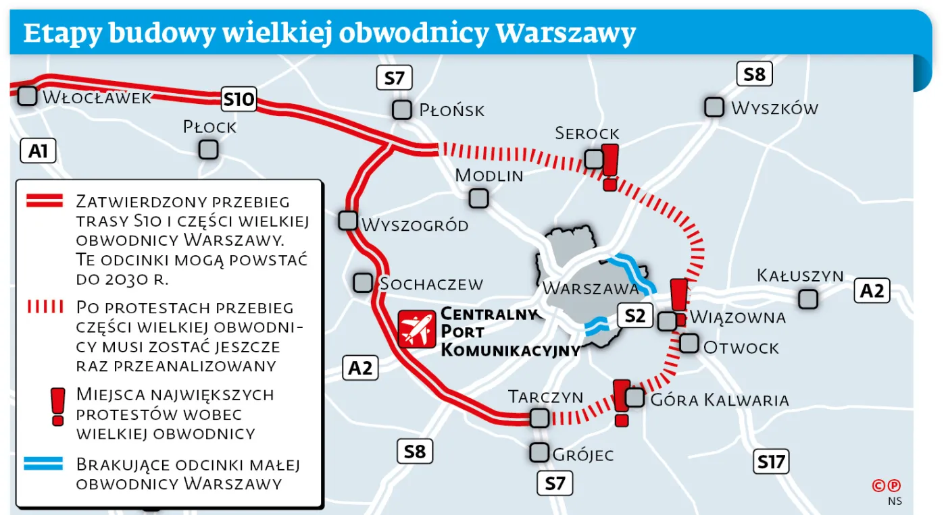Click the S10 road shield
pos(239,101)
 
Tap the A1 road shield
pos(38,151)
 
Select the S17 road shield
pos(771,462)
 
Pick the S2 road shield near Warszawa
pos(635,315)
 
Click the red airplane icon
pos(417,329)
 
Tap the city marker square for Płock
pos(208,149)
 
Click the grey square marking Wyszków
pos(714,107)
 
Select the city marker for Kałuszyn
pos(807,298)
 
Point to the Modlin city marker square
pos(478,198)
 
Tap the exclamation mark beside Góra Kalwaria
pos(622,402)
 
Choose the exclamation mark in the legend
pos(57,406)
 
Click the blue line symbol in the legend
pos(43,464)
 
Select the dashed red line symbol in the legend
pos(44,307)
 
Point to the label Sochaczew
pos(431,283)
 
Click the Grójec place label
pos(582,455)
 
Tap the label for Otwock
pos(741,348)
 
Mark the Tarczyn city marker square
pos(539,418)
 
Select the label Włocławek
pos(97,98)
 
